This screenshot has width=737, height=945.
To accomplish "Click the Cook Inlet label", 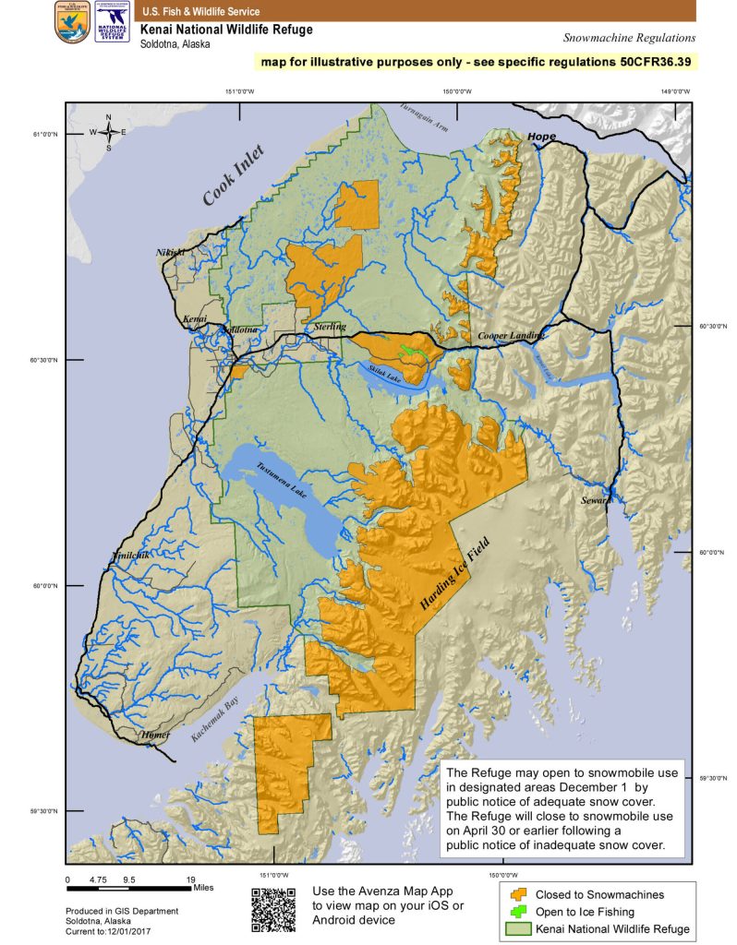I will [234, 174].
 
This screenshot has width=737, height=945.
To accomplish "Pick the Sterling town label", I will [330, 327].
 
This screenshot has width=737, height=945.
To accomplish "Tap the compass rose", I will [108, 132].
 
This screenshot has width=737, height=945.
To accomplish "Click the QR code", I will [273, 908].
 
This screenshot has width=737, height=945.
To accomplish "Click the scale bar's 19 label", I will [191, 880].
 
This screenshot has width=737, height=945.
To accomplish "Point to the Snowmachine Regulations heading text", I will [628, 38].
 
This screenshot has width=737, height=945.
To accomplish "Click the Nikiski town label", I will [171, 251].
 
